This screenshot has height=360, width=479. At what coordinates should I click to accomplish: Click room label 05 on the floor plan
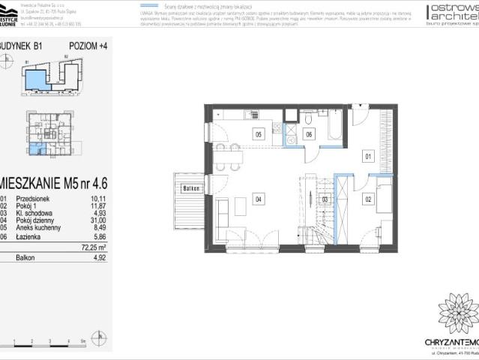tap(258, 134)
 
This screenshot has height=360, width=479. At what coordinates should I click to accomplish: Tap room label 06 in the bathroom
tap(308, 134)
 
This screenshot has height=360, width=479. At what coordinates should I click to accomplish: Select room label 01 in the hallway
tap(368, 157)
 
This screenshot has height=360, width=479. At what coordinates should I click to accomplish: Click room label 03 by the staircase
tap(324, 199)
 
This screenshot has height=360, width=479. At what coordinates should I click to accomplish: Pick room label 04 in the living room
tap(257, 199)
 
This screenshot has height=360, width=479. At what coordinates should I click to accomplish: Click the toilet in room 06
tap(308, 118)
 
